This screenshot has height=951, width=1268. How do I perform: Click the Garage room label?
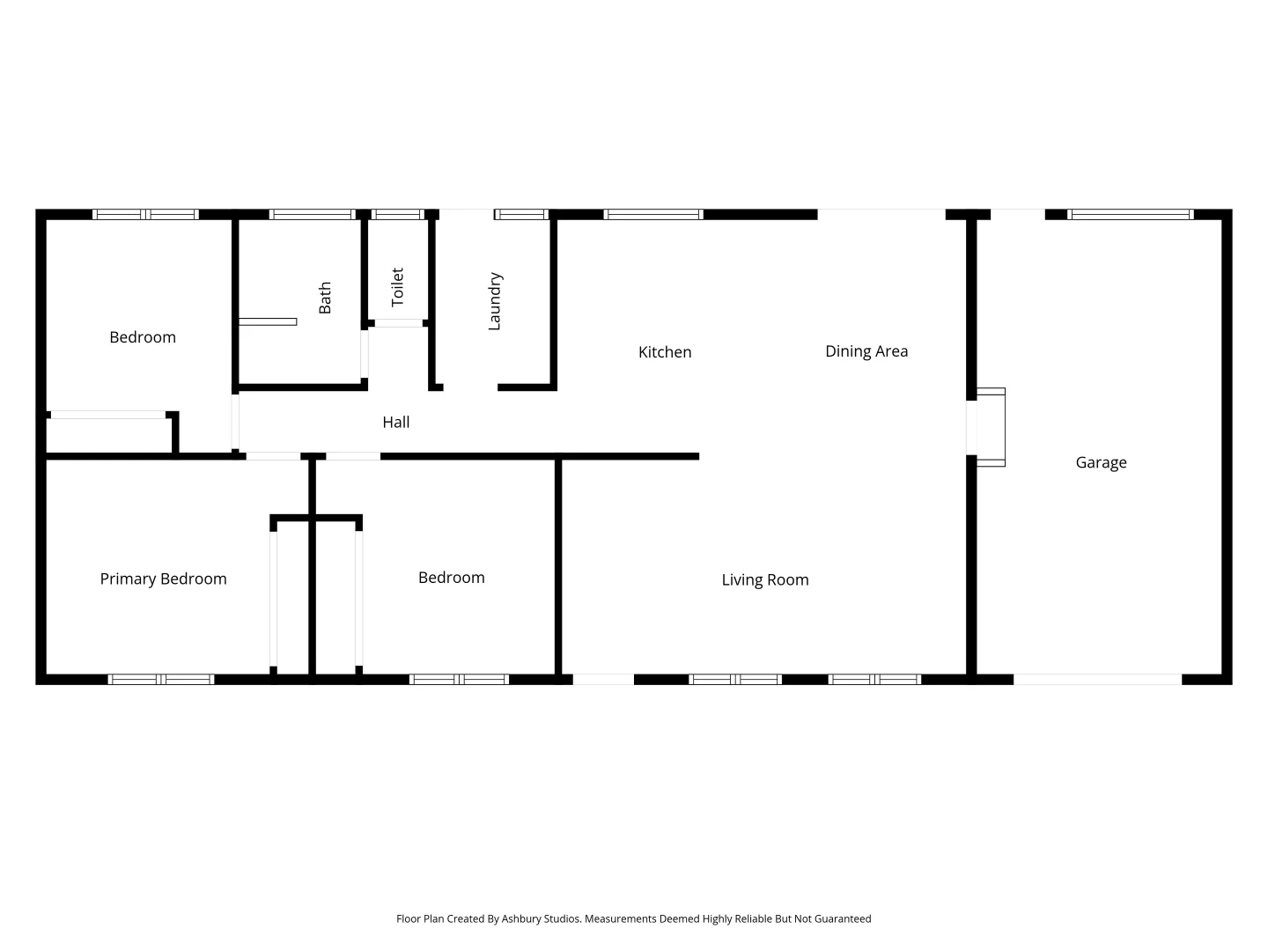click(1101, 462)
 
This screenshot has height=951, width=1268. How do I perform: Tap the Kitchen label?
click(665, 352)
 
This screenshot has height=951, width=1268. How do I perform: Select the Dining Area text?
click(866, 351)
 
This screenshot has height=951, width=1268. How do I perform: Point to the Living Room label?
click(765, 579)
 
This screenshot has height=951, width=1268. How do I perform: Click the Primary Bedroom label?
click(163, 579)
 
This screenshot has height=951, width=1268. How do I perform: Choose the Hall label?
click(396, 423)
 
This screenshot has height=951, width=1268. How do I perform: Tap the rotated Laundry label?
click(495, 301)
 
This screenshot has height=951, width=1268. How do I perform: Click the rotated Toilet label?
click(397, 287)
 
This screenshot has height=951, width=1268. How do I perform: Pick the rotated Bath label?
click(325, 298)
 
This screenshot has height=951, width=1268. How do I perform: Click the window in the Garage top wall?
click(1131, 214)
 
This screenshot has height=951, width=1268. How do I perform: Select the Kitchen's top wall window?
click(653, 214)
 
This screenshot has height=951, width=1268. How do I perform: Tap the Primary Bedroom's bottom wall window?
click(161, 679)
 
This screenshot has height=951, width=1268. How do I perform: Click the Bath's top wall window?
click(312, 214)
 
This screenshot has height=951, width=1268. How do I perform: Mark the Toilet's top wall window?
click(398, 214)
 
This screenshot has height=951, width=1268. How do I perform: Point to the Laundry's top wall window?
click(521, 214)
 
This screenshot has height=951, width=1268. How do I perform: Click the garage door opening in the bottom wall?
click(1097, 679)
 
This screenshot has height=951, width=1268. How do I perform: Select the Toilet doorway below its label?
click(398, 323)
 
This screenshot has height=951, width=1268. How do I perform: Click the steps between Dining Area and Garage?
click(990, 427)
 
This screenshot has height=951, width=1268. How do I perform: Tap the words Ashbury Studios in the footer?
click(541, 918)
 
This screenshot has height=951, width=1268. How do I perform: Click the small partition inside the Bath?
click(268, 321)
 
